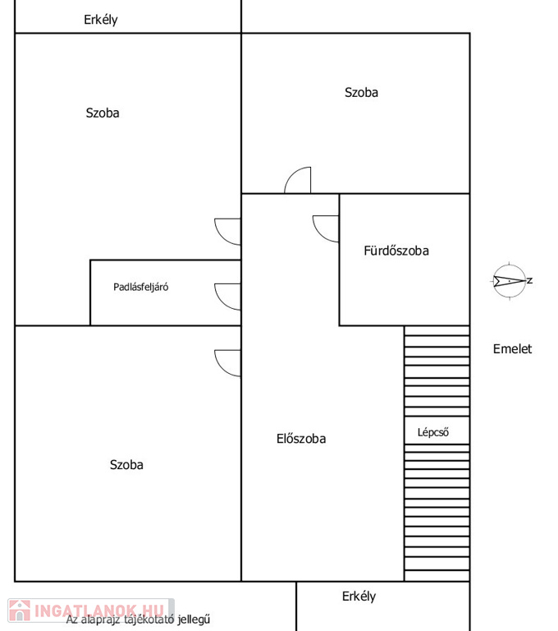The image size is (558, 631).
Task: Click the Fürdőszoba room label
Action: pyautogui.click(x=396, y=251)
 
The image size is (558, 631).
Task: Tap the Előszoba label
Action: pyautogui.click(x=301, y=438)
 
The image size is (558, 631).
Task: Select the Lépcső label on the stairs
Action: pyautogui.click(x=433, y=432)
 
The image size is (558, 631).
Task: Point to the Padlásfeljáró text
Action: pyautogui.click(x=140, y=287)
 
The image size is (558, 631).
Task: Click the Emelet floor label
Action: pyautogui.click(x=512, y=348)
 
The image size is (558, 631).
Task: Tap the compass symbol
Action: pyautogui.click(x=510, y=281)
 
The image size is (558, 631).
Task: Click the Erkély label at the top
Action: pyautogui.click(x=100, y=20)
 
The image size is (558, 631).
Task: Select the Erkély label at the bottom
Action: pyautogui.click(x=359, y=596)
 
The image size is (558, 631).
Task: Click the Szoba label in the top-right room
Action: pyautogui.click(x=361, y=93)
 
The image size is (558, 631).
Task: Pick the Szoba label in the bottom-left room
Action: pyautogui.click(x=126, y=465)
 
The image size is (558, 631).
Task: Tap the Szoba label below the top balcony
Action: pyautogui.click(x=102, y=113)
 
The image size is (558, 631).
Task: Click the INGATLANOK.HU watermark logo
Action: pyautogui.click(x=91, y=610)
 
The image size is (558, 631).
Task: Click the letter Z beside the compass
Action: pyautogui.click(x=530, y=280)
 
